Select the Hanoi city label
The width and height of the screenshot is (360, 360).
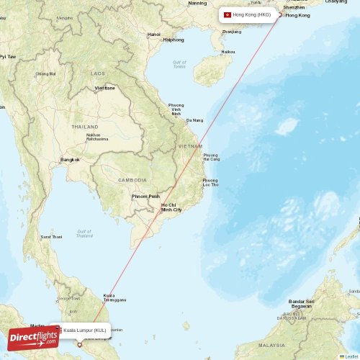tap(154, 34)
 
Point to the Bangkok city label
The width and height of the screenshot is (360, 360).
tap(70, 159)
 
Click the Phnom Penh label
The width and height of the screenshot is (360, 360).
tap(145, 196)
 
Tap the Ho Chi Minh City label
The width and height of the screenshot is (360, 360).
tap(171, 207)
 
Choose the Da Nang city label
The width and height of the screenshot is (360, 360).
tap(194, 120)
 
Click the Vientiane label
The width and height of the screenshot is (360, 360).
tap(105, 88)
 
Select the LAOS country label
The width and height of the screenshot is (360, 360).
tap(98, 73)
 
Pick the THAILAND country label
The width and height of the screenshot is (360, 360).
tap(85, 126)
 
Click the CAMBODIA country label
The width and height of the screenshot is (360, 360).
tap(132, 180)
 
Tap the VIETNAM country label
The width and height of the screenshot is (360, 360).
tap(190, 146)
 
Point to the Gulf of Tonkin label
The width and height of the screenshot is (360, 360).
tap(179, 64)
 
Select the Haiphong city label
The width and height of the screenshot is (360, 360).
tap(174, 40)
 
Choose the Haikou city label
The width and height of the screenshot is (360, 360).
tap(228, 52)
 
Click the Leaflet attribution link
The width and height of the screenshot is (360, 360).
tap(351, 356)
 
